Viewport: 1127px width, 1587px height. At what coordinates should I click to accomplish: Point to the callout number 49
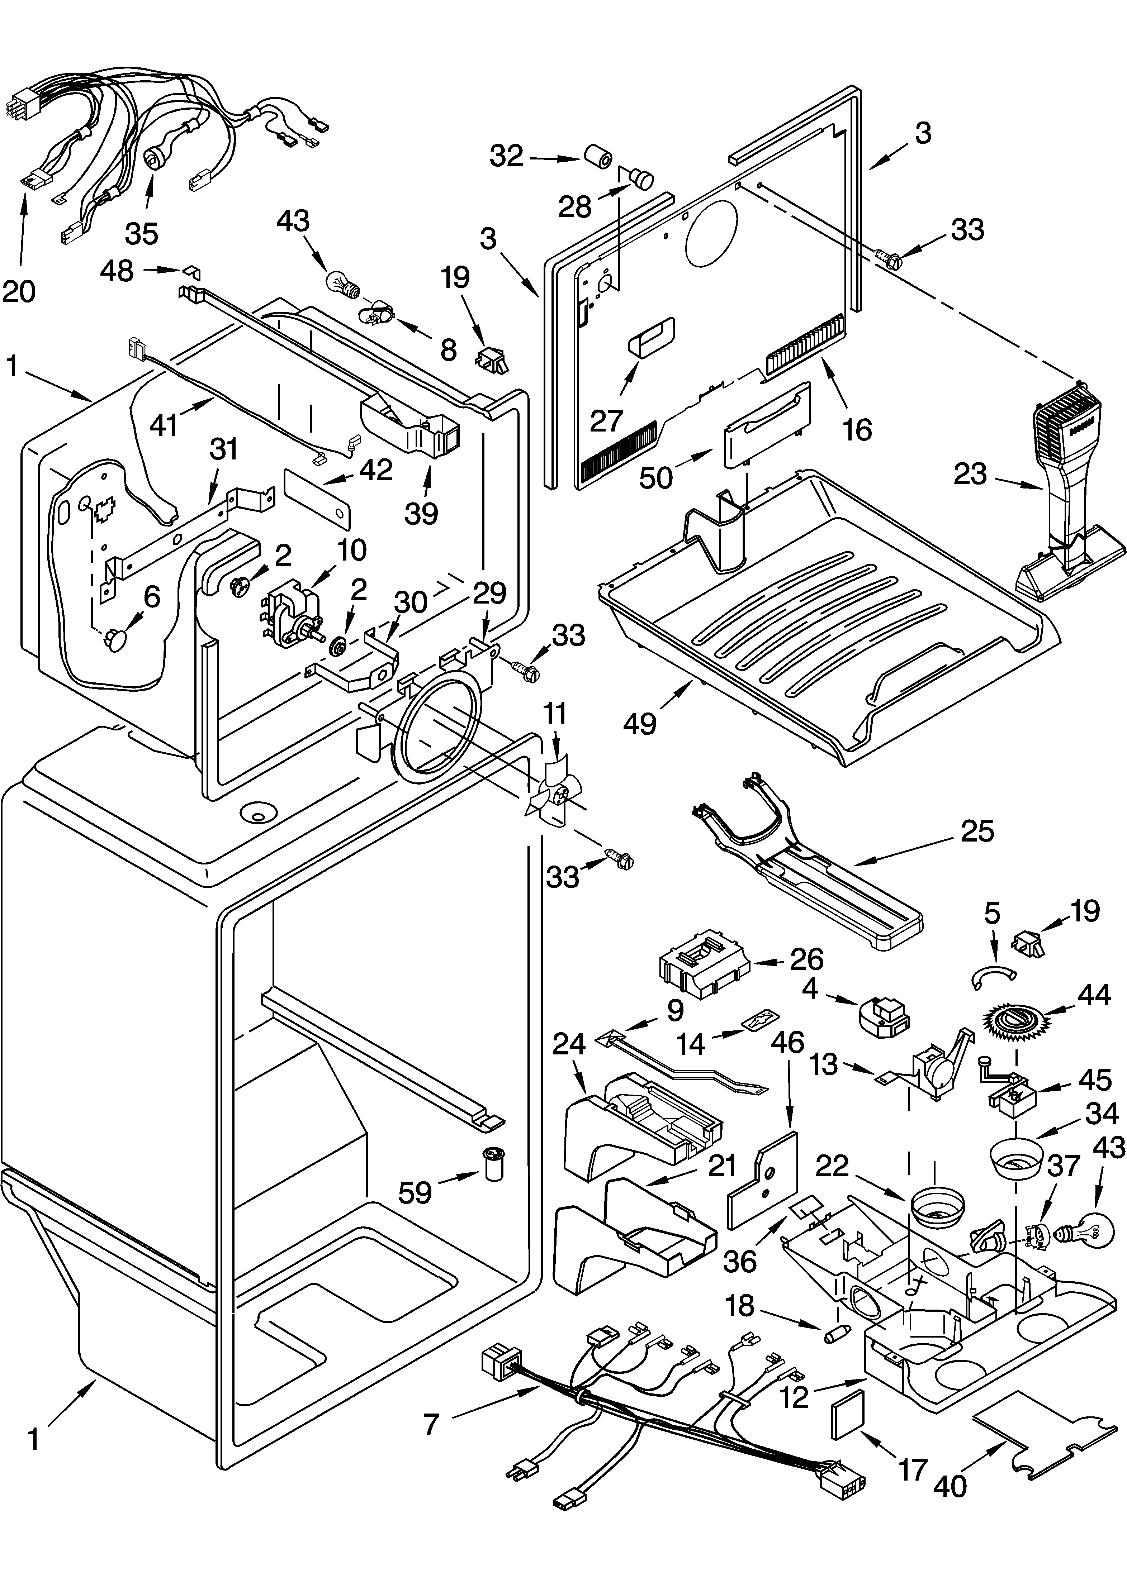[x=639, y=724]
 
